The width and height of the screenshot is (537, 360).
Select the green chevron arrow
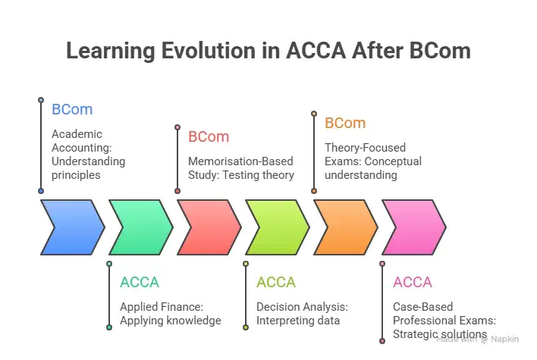tap(140, 227)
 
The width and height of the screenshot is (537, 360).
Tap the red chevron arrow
tap(208, 227)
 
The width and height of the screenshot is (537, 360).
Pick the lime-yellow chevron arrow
tap(276, 227)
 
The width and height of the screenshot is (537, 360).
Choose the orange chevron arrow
tap(344, 227)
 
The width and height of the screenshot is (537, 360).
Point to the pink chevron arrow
tap(413, 227)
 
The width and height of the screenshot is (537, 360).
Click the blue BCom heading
tap(72, 109)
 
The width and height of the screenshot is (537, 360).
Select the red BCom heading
tap(209, 137)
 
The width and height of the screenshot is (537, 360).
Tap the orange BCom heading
tap(345, 123)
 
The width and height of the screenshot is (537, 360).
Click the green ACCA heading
tap(140, 283)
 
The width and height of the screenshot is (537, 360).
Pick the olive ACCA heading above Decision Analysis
tap(276, 283)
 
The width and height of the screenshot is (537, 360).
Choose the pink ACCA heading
tap(413, 283)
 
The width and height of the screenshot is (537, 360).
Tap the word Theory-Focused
tap(365, 148)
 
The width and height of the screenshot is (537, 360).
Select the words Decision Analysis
tap(302, 307)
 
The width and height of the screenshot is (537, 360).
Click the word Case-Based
tap(422, 307)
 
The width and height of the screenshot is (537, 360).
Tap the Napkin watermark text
tap(505, 339)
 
